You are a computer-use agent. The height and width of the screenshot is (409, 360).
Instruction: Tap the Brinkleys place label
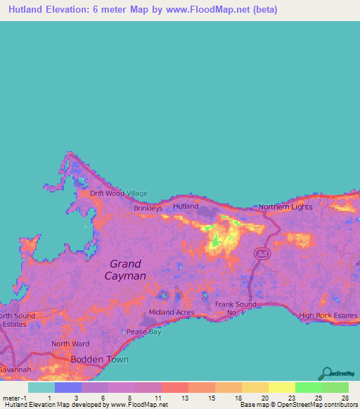[148, 208]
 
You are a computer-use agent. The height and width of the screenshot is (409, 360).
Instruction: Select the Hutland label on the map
[186, 207]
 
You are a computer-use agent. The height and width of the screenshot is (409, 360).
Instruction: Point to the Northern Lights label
[285, 207]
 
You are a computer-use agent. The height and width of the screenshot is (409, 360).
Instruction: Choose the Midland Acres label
[171, 312]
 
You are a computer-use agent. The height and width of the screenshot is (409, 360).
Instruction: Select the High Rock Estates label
[328, 316]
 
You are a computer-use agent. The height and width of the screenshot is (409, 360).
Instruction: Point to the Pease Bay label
[143, 331]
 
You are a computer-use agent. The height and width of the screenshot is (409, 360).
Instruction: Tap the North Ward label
[70, 344]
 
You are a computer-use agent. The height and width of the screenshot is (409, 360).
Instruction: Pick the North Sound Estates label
[14, 320]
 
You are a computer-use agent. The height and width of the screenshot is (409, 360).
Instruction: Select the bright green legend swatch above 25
[308, 387]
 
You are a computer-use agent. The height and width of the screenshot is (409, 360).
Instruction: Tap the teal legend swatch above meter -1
[41, 387]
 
